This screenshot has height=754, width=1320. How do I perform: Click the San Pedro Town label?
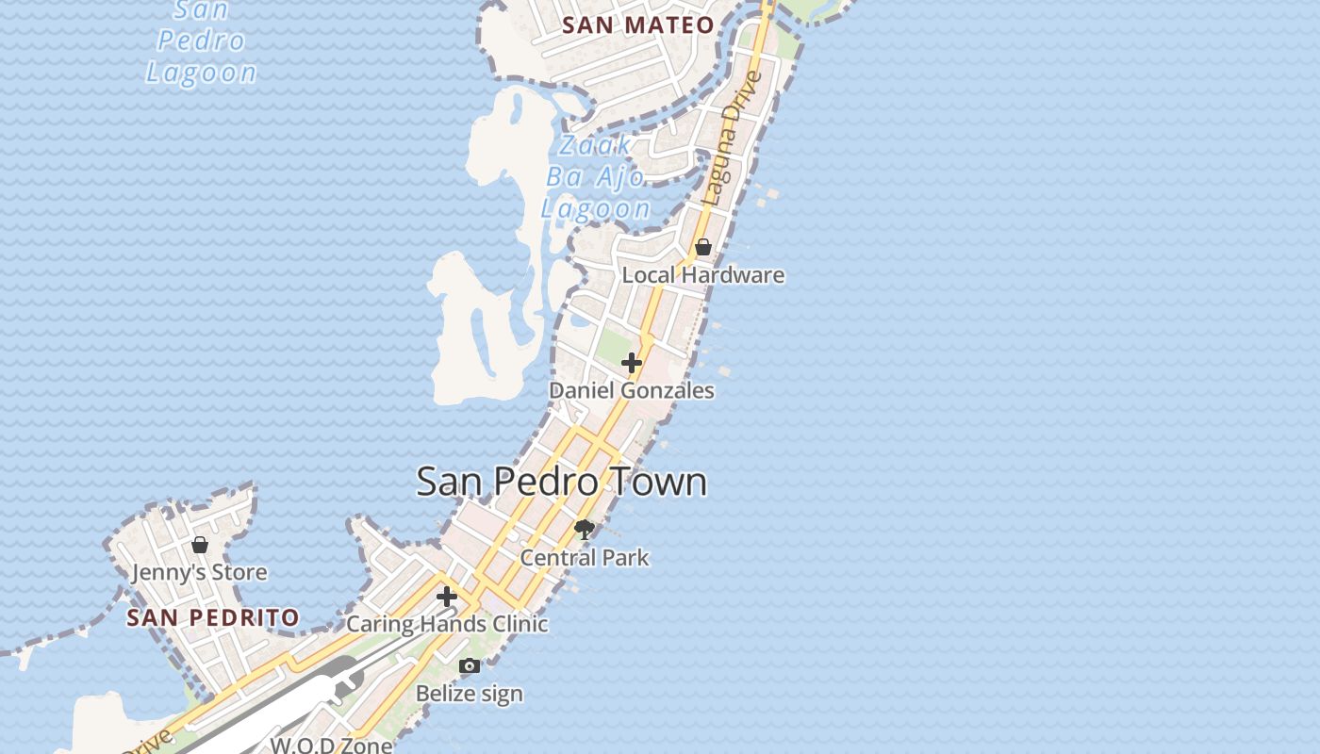click(561, 481)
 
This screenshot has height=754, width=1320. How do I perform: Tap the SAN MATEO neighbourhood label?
click(637, 25)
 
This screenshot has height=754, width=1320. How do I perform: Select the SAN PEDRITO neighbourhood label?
click(213, 618)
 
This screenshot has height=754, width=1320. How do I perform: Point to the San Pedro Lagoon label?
click(201, 41)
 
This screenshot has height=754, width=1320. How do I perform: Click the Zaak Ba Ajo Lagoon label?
click(596, 177)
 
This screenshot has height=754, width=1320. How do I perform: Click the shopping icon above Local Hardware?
click(703, 247)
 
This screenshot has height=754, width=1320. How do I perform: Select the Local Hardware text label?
click(703, 275)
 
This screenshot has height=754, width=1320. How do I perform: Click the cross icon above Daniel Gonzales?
click(632, 363)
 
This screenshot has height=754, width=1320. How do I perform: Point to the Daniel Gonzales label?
click(632, 390)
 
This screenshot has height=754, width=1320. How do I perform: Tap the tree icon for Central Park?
click(585, 530)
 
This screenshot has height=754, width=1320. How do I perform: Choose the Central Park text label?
click(585, 558)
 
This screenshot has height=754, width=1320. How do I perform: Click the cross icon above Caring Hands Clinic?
click(447, 597)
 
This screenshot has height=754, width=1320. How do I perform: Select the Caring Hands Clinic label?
click(447, 624)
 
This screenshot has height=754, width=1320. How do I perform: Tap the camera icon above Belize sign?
click(470, 666)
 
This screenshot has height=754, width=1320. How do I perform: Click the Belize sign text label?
click(470, 694)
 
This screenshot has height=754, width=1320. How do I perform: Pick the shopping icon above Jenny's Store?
click(200, 545)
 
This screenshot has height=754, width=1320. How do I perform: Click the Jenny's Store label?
click(200, 572)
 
